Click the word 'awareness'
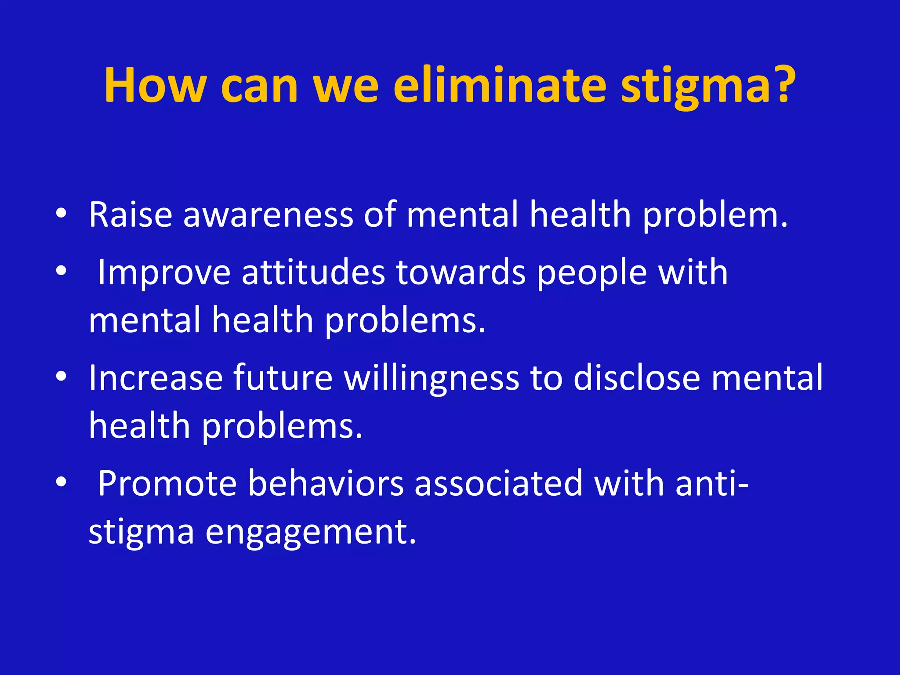pyautogui.click(x=268, y=215)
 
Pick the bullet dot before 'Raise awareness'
pyautogui.click(x=61, y=214)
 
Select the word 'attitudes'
pyautogui.click(x=313, y=272)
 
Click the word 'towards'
pyautogui.click(x=461, y=272)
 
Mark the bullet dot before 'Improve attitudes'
pyautogui.click(x=61, y=271)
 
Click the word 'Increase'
pyautogui.click(x=156, y=378)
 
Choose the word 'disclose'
pyautogui.click(x=637, y=378)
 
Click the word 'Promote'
pyautogui.click(x=167, y=483)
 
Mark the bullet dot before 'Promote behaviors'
pyautogui.click(x=61, y=482)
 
